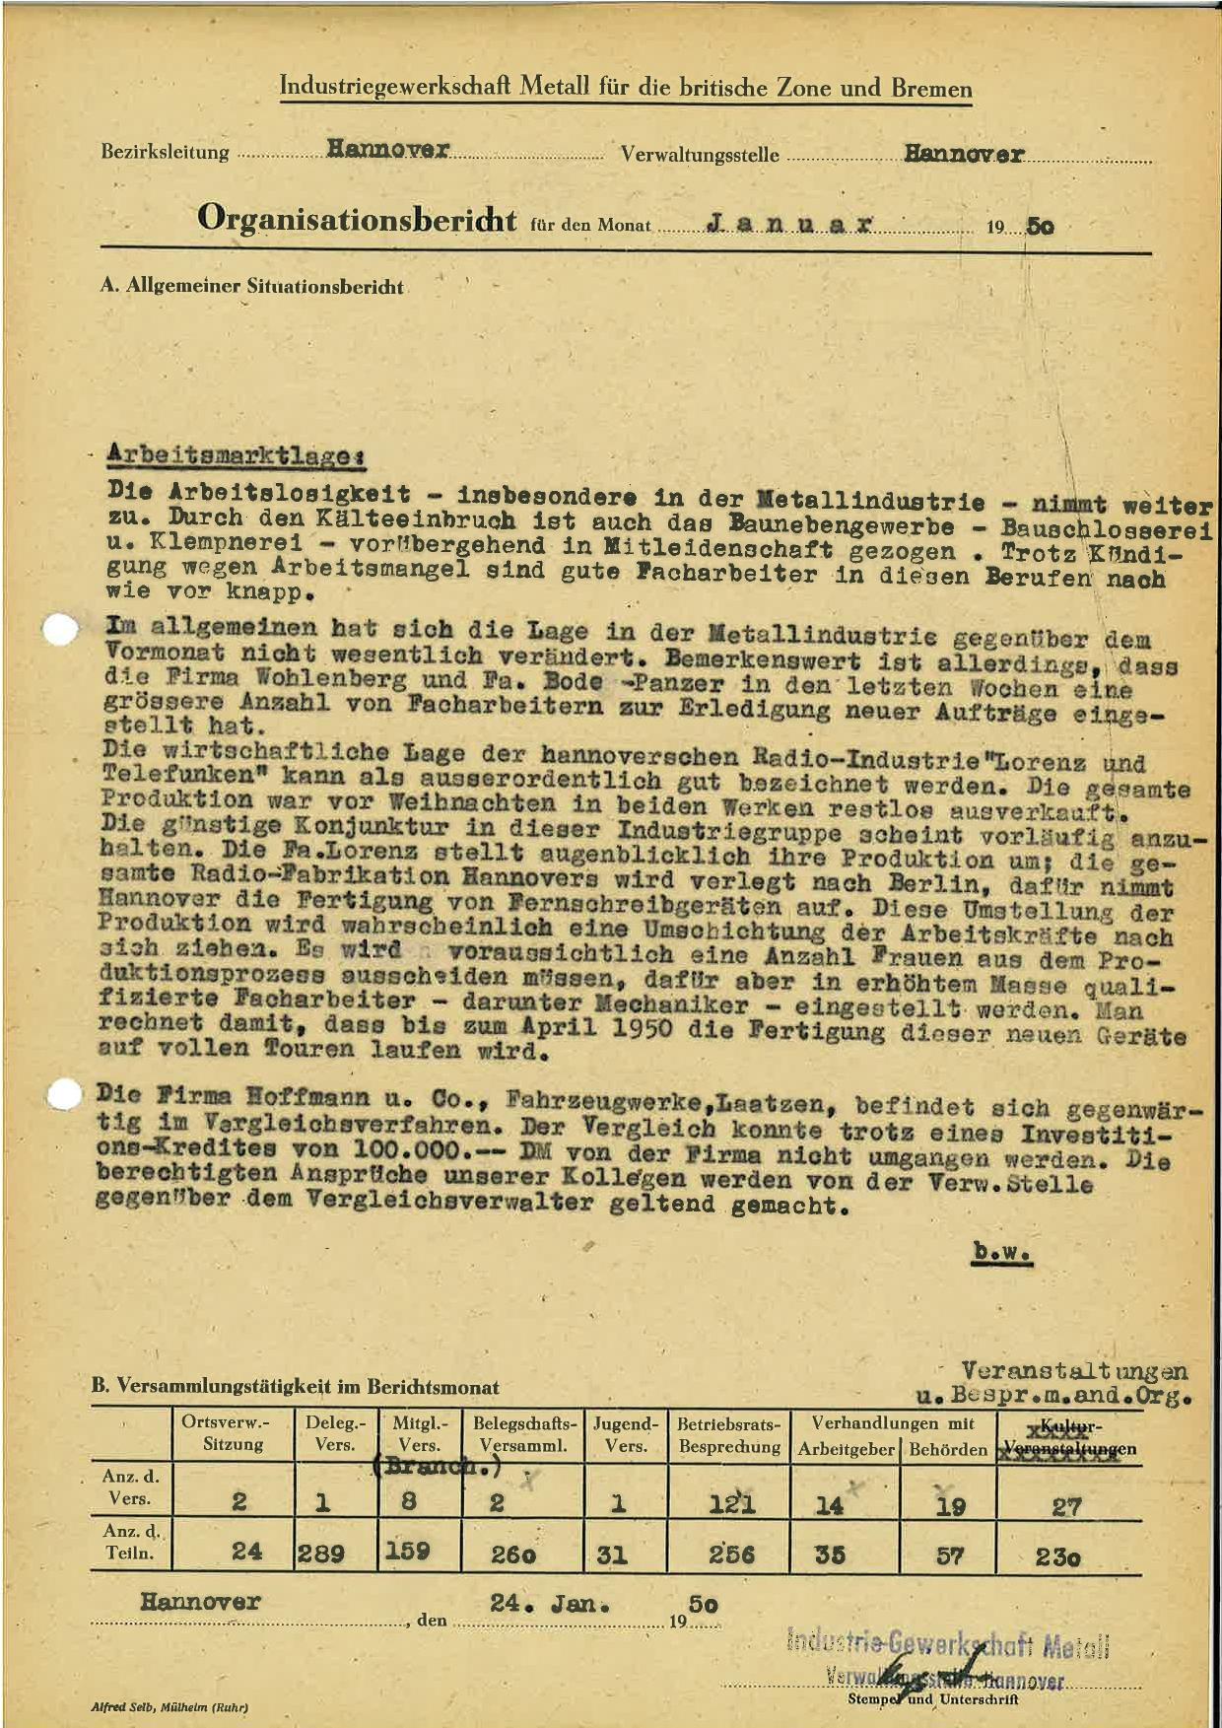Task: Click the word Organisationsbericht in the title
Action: coord(356,218)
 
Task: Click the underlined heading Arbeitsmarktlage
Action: coord(236,455)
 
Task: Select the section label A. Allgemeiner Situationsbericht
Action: coord(252,287)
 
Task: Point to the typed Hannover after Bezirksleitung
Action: coord(388,150)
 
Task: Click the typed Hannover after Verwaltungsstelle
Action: coord(964,154)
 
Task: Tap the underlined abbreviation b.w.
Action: coord(1002,1252)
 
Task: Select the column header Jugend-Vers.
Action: coord(626,1434)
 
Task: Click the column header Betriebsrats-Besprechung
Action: coord(729,1434)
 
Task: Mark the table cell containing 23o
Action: coord(1057,1557)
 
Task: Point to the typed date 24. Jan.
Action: coord(543,1604)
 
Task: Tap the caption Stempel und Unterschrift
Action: coord(932,1699)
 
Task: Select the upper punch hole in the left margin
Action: coord(61,631)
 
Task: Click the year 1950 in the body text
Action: coord(631,1029)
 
